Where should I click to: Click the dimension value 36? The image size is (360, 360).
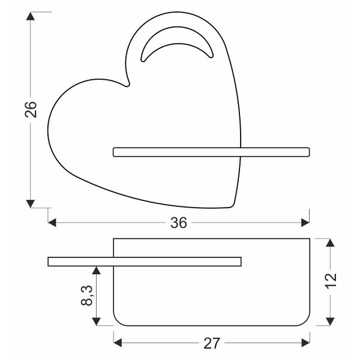pyautogui.click(x=179, y=223)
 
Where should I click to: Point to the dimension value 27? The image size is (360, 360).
pyautogui.click(x=212, y=343)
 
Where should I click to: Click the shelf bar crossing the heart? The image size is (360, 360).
pyautogui.click(x=210, y=152)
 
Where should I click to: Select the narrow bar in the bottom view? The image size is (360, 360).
pyautogui.click(x=144, y=260)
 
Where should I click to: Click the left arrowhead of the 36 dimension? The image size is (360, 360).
pyautogui.click(x=52, y=223)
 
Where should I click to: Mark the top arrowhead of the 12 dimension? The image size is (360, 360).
pyautogui.click(x=329, y=242)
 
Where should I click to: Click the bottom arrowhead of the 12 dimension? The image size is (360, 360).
pyautogui.click(x=329, y=322)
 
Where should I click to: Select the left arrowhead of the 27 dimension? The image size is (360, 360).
pyautogui.click(x=118, y=343)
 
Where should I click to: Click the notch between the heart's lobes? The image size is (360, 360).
pyautogui.click(x=127, y=85)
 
